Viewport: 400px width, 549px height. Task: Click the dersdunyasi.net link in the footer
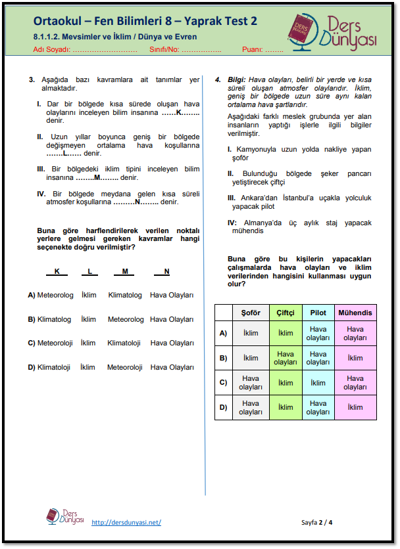pos(126,522)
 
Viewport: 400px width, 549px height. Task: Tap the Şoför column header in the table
pos(251,313)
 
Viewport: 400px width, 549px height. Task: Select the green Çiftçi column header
pos(286,313)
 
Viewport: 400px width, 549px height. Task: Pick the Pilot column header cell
pos(318,313)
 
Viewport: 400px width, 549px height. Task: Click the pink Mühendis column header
pos(355,313)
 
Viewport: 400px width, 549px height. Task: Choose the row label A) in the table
pos(224,333)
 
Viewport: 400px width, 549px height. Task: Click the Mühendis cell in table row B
pos(355,358)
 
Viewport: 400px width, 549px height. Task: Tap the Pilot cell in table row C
pos(318,383)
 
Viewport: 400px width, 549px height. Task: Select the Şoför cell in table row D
pos(251,408)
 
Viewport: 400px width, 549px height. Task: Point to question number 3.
pos(32,79)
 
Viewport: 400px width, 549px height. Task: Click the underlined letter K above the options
pos(57,271)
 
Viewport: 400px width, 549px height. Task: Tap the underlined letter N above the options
pos(166,271)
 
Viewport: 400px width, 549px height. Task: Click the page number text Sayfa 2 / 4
pos(317,522)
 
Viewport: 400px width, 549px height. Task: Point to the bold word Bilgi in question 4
pos(236,79)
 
